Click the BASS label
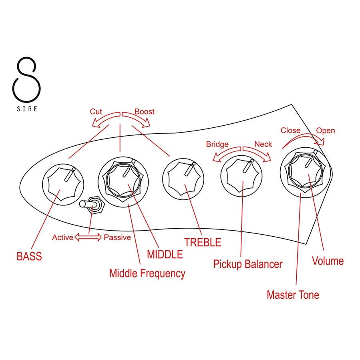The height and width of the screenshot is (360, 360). pos(29,256)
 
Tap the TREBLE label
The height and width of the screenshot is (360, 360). pos(202,242)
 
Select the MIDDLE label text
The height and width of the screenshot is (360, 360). pos(165,254)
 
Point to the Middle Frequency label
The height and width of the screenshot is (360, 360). pos(147,274)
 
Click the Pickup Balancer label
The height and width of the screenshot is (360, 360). pos(247,264)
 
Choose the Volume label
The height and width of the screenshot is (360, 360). pos(328,261)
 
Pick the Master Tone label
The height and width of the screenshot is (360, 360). pos(293,295)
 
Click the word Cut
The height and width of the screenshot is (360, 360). pos(96,112)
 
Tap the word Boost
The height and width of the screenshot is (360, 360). pos(144,112)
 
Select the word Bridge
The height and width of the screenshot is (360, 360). pos(217,144)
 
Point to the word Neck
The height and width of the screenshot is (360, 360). pos(263,144)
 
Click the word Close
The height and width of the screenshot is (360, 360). pos(290,131)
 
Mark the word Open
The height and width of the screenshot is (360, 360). pos(326,131)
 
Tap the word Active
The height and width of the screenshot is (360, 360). pos(62,237)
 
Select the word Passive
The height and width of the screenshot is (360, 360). pos(117,237)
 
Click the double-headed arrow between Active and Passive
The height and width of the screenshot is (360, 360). pos(88,237)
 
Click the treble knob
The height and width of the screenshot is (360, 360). pos(183,179)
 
